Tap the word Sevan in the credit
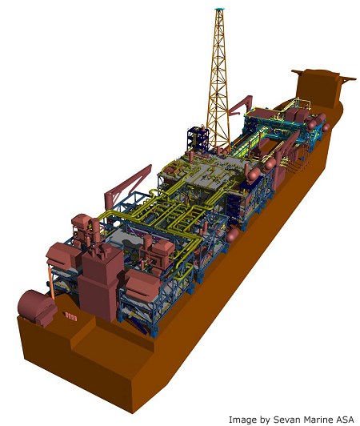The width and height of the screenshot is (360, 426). pos(284,420)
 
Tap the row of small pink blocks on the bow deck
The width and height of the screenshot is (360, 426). pos(71,317)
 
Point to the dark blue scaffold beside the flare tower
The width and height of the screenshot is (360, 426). pos(197,139)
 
